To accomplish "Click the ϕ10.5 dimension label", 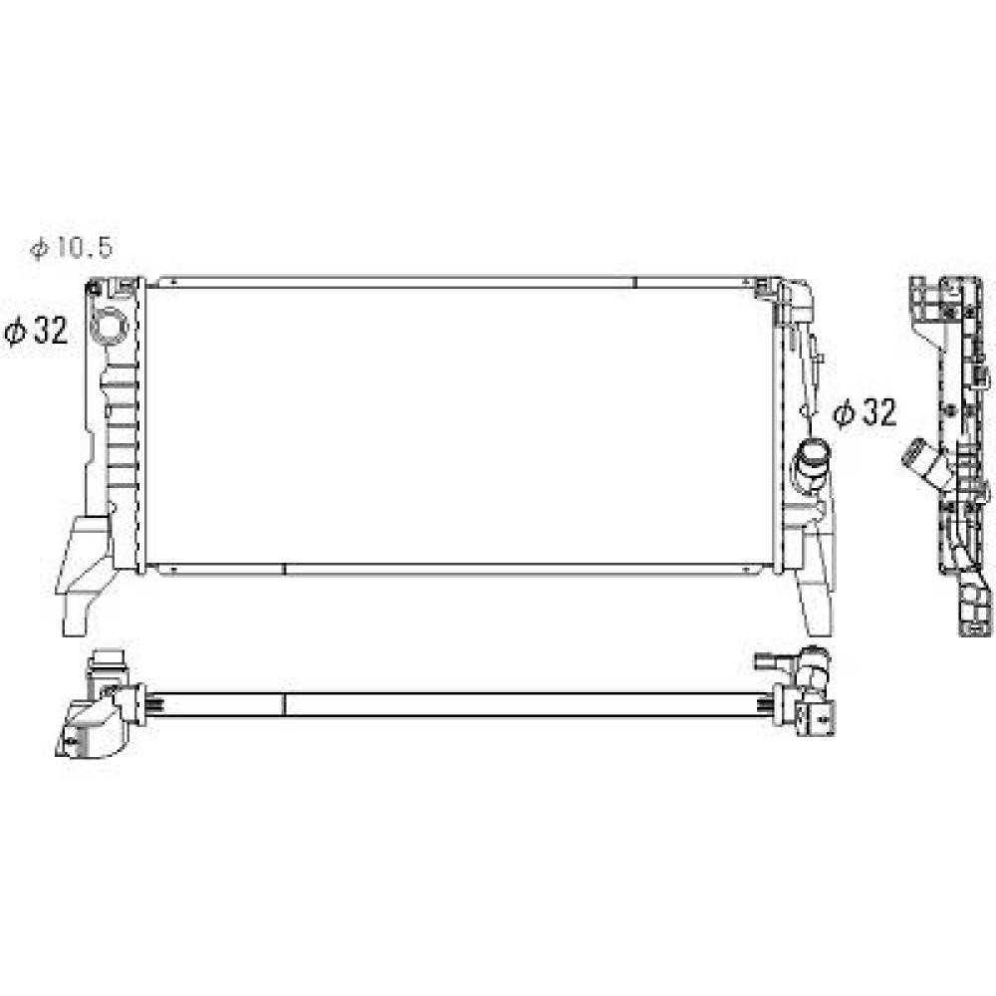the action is (x=72, y=247).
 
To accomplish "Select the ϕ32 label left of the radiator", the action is (x=36, y=331).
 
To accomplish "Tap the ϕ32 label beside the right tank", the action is (x=865, y=413).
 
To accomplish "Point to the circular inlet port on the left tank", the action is (x=110, y=326).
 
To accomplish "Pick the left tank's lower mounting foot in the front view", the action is (x=83, y=573).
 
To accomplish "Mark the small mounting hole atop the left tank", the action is (x=97, y=289).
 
